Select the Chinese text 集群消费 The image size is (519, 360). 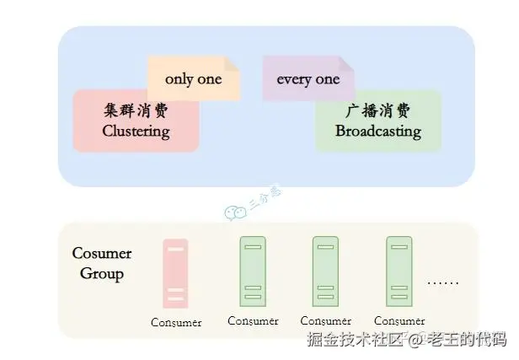click(136, 111)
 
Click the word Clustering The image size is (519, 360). click(136, 131)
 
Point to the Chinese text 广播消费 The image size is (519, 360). click(377, 111)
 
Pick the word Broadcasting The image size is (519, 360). click(377, 131)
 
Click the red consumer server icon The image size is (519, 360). click(175, 273)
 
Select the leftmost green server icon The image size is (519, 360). click(252, 270)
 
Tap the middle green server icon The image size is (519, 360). click(325, 270)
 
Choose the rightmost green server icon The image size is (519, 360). click(399, 270)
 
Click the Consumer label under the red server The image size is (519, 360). click(176, 322)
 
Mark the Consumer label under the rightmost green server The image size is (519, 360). click(399, 320)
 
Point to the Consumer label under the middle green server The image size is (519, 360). click(326, 320)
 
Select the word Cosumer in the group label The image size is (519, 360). click(102, 254)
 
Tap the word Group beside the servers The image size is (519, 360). click(102, 273)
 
